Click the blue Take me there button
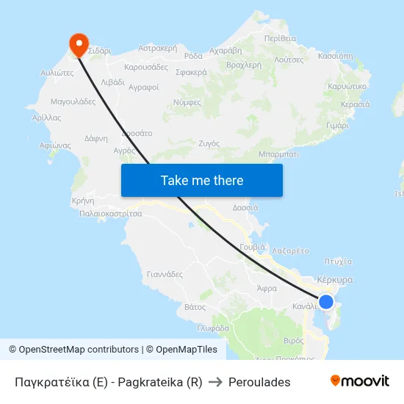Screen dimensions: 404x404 pos(201,180)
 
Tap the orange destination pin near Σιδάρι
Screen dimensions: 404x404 pos(77,44)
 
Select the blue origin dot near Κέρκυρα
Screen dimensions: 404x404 pos(326,302)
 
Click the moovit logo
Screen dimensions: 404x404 pos(359,381)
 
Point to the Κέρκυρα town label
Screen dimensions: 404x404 pos(335,280)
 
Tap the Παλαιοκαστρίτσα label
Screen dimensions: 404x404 pos(111,214)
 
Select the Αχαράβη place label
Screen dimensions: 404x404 pos(226,51)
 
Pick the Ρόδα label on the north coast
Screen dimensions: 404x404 pos(193,56)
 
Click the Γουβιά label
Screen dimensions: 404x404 pos(252,247)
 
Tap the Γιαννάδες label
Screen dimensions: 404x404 pos(165,274)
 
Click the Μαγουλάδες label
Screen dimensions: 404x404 pos(73,101)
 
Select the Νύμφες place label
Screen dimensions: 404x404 pos(187,102)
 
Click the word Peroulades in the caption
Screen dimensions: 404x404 pos(259,382)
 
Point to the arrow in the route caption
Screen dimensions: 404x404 pos(215,382)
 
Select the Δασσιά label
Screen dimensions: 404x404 pos(245,208)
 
